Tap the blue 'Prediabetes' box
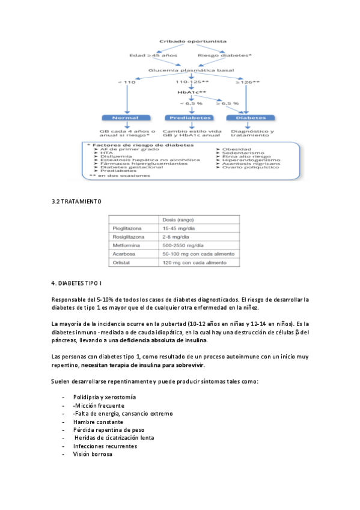(x=188, y=117)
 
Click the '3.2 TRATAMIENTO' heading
(x=76, y=201)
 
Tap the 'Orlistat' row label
(x=123, y=262)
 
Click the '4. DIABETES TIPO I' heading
(x=76, y=283)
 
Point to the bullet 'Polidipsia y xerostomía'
(x=104, y=397)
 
